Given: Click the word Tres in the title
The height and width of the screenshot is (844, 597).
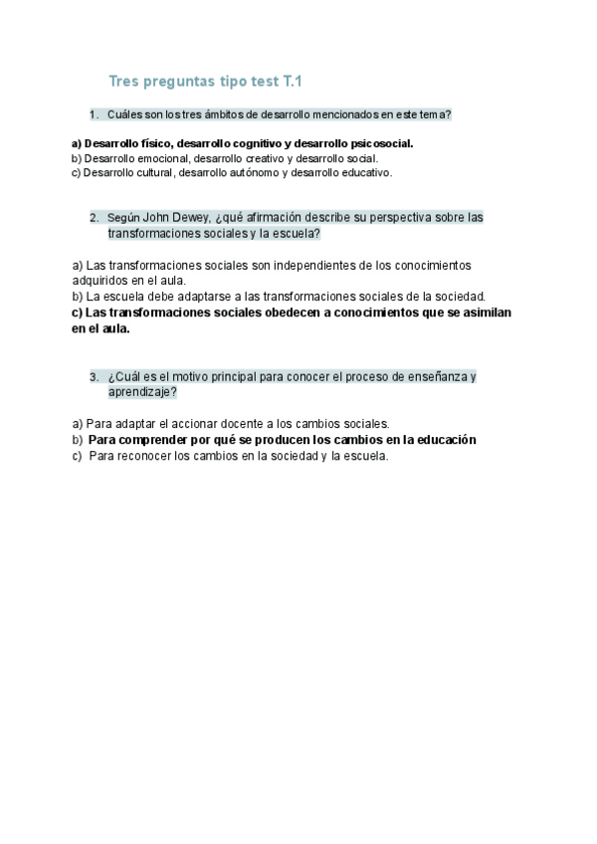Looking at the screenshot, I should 124,81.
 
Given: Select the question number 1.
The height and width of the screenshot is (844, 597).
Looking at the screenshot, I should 94,115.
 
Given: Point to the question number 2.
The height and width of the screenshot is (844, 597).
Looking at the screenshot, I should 94,218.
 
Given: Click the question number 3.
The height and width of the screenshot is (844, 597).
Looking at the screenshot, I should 94,377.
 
